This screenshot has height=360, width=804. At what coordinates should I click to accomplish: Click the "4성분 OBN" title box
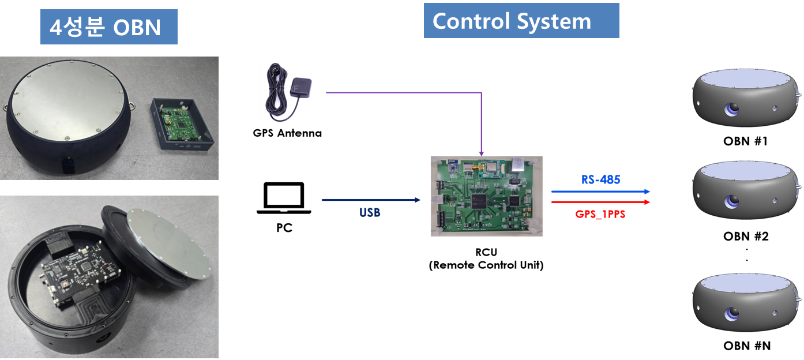coord(108,27)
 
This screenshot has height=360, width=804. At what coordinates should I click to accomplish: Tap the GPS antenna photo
coord(287,92)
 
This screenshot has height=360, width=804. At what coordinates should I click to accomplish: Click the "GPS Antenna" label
coord(287,133)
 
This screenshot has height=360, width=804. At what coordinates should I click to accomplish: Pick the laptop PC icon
coord(284,198)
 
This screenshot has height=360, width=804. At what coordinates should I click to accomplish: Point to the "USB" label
coord(370,213)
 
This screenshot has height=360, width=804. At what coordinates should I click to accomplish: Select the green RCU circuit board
coord(486,196)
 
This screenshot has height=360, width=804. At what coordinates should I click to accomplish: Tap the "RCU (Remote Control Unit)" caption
coord(486,259)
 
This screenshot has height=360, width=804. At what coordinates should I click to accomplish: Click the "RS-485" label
coord(600,180)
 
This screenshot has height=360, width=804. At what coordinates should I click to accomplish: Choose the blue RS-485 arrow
coord(600,191)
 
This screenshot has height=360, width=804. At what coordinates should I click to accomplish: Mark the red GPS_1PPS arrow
coord(600,202)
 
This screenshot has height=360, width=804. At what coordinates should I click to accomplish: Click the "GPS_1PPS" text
coord(600,214)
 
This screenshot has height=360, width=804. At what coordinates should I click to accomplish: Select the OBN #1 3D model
coord(745,98)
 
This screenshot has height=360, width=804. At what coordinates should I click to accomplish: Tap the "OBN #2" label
coord(746,237)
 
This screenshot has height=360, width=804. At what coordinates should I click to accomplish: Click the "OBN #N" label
coord(746,346)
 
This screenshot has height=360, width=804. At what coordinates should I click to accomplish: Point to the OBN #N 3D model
coord(745,302)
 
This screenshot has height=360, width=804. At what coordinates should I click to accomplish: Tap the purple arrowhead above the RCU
coord(481,153)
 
